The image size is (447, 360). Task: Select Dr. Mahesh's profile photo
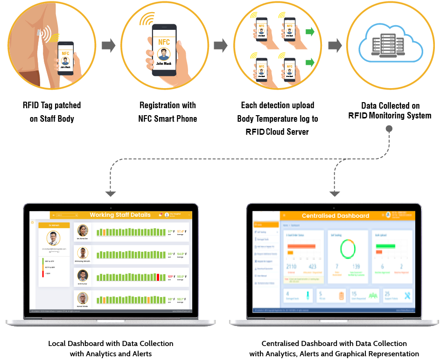pyautogui.click(x=54, y=238)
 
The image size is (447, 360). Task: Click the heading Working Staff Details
pyautogui.click(x=120, y=215)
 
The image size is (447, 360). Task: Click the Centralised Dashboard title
pyautogui.click(x=335, y=216)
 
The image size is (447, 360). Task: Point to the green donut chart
pyautogui.click(x=347, y=249)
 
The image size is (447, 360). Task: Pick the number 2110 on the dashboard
pyautogui.click(x=291, y=266)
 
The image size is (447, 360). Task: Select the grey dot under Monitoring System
pyautogui.click(x=389, y=128)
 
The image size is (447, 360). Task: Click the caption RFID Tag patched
pyautogui.click(x=52, y=105)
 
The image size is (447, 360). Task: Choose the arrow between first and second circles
pyautogui.click(x=108, y=45)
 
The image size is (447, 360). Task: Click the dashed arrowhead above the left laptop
pyautogui.click(x=110, y=193)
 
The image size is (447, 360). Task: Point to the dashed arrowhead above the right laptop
pyautogui.click(x=334, y=193)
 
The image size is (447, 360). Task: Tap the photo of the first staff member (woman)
pyautogui.click(x=83, y=230)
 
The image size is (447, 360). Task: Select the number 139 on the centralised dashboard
pyautogui.click(x=356, y=266)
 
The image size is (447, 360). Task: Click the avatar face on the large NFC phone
pyautogui.click(x=164, y=54)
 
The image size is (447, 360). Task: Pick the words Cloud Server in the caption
pyautogui.click(x=287, y=132)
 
